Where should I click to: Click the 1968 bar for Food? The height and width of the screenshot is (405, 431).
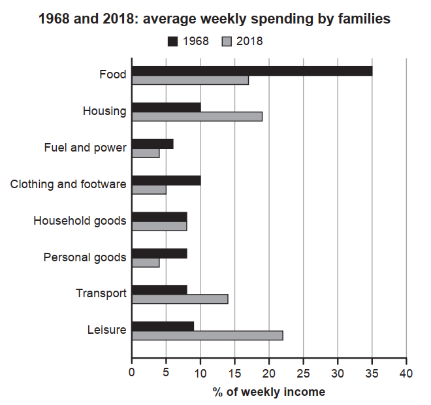[252, 71]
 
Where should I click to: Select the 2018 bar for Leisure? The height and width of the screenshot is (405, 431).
[207, 335]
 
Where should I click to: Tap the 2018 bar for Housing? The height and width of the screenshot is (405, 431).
[197, 116]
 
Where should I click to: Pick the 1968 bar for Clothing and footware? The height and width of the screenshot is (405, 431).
[166, 180]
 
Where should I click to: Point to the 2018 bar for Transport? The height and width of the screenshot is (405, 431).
[180, 299]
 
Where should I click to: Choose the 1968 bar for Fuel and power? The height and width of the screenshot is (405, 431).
[152, 144]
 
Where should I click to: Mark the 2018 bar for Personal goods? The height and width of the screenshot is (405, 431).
[146, 262]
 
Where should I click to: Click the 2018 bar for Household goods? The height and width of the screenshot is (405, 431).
[159, 226]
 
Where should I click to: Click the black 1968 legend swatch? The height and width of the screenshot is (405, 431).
[173, 41]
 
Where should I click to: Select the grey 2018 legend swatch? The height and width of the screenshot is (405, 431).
[227, 41]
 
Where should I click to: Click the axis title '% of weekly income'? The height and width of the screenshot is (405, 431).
[268, 392]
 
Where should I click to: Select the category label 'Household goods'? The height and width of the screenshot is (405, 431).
[80, 221]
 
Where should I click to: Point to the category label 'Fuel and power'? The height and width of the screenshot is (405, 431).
[85, 148]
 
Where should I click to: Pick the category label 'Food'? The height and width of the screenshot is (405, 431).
[113, 74]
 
